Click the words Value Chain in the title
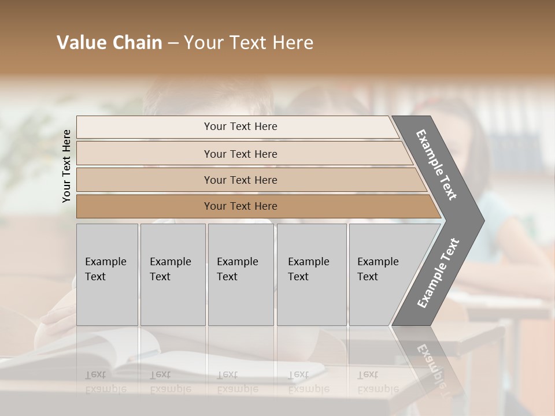[109, 43]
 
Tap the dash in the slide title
[173, 43]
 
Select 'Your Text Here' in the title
[249, 43]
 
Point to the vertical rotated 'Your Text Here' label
[67, 166]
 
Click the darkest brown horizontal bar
[145, 206]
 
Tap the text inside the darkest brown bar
[240, 206]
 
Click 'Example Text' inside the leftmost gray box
[105, 269]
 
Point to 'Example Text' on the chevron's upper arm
[436, 165]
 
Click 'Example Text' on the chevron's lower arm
[438, 273]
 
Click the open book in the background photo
[116, 352]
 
